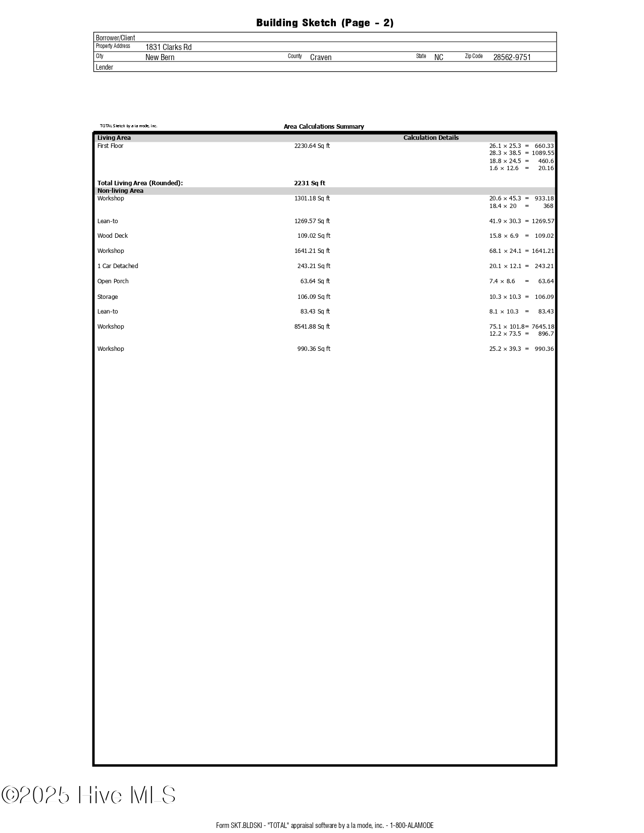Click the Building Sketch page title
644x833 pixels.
coord(324,23)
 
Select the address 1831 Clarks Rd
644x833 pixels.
coord(168,47)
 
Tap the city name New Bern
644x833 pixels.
coord(160,57)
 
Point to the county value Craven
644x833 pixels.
coord(321,57)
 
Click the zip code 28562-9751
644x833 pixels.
coord(512,57)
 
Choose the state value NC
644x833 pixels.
coord(438,57)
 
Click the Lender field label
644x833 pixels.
coord(105,67)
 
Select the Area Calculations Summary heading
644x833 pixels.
coord(323,127)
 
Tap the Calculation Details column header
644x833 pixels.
coord(431,138)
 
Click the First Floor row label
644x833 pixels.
coord(110,146)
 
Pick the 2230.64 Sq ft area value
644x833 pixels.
coord(312,146)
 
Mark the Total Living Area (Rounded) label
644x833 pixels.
coord(140,183)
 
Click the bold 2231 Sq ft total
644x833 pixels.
coord(309,183)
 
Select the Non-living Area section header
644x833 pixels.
coord(120,191)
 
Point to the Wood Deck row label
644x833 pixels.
coord(113,236)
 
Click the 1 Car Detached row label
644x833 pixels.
coord(118,266)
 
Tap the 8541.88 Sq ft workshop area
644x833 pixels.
coord(312,327)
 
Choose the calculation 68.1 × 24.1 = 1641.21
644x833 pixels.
coord(521,251)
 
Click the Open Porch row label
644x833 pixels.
coord(113,281)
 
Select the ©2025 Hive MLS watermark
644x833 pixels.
coord(88,795)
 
